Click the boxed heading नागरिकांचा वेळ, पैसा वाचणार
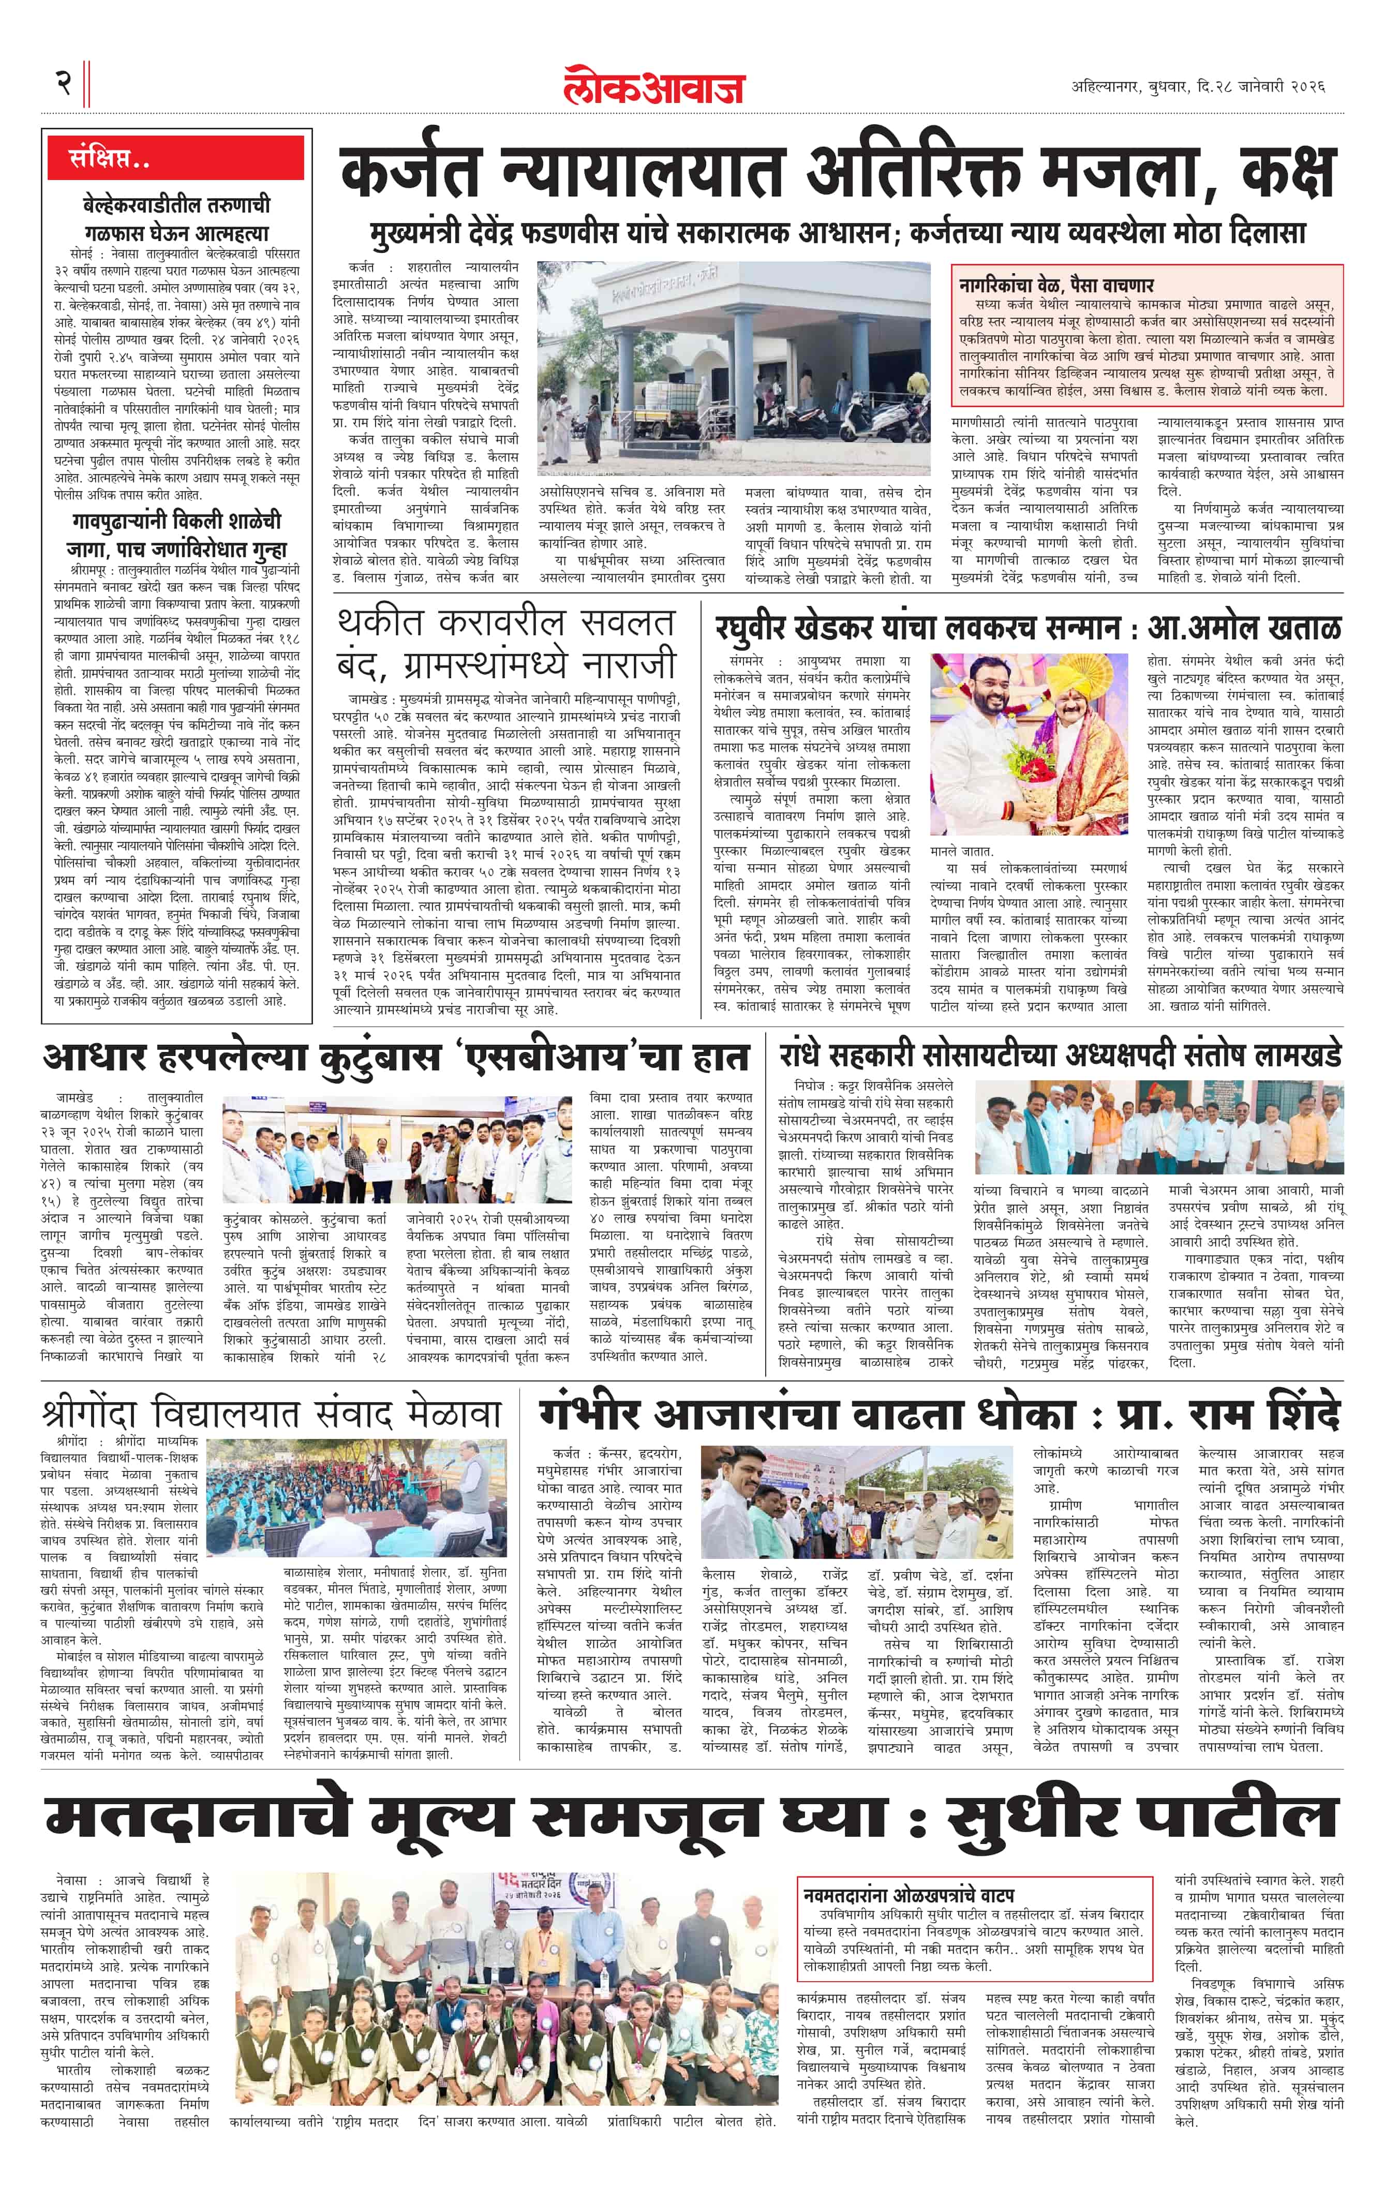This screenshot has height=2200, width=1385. (1056, 284)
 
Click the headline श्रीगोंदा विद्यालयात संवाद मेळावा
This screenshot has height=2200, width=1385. (271, 1414)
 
